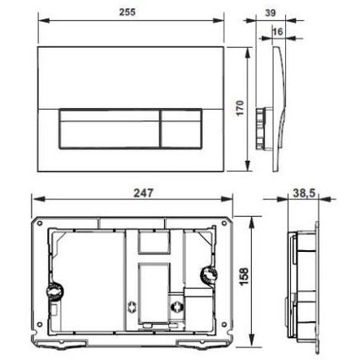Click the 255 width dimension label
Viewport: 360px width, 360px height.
(127, 12)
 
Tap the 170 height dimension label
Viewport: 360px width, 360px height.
(241, 108)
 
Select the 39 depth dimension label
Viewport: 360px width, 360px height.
(270, 13)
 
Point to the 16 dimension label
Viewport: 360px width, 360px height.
(277, 32)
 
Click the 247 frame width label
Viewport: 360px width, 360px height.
(143, 193)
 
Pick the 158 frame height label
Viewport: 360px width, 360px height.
(244, 276)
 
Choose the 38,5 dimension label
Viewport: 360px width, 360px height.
(304, 193)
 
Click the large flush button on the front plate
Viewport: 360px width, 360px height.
(109, 129)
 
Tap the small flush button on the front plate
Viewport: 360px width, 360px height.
(181, 129)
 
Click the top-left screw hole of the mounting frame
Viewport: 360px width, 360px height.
(40, 223)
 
